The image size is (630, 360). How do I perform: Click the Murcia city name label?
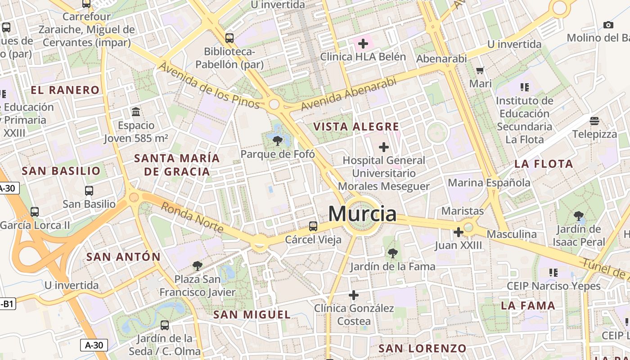point(362,214)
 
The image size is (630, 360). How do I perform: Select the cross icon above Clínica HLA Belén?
point(363,44)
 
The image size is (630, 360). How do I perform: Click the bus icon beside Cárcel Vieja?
point(313,226)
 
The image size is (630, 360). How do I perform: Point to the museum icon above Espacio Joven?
point(136,112)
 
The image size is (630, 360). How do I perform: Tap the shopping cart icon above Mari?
point(480,70)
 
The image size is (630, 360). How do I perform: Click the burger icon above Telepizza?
point(594,121)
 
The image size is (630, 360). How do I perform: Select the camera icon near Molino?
point(608,25)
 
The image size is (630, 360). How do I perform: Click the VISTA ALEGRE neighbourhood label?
point(356,127)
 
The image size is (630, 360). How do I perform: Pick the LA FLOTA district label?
point(544,164)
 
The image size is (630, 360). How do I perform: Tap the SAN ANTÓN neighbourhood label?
point(123,257)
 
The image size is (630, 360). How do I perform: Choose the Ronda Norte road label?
point(192,217)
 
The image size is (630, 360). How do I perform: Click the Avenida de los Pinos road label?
point(209,85)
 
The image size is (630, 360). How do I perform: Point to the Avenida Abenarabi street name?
point(349,94)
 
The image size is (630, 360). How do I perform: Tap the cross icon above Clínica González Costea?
point(354,295)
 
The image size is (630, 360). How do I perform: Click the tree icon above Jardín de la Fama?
point(393,253)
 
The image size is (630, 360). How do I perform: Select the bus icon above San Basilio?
point(89,191)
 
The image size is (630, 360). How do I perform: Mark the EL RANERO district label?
point(65,90)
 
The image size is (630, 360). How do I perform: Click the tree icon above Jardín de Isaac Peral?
point(578,216)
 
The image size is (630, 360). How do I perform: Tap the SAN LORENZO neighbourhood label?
point(422,348)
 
